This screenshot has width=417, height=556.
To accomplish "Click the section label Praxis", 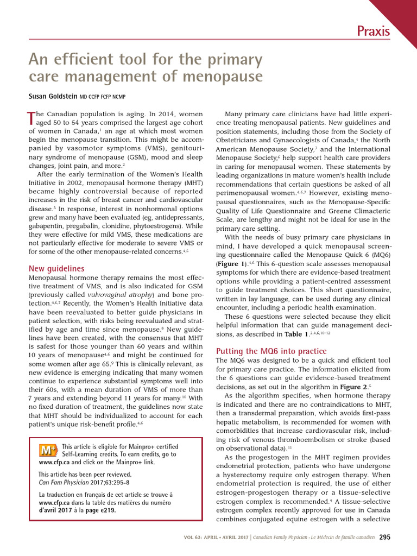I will [373, 31].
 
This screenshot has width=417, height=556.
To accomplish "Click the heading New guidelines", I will [56, 268].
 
